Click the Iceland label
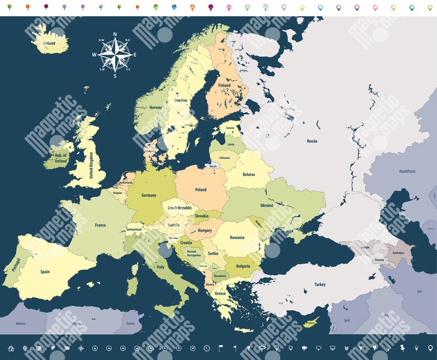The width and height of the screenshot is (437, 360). click(x=49, y=43)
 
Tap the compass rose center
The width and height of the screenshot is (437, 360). click(x=115, y=54)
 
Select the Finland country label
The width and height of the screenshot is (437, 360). click(x=224, y=85)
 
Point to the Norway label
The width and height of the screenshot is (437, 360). click(x=156, y=107)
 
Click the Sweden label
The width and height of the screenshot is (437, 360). click(x=180, y=100)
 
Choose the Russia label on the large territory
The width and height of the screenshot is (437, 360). click(x=312, y=141)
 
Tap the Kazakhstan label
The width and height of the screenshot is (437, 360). click(x=407, y=171)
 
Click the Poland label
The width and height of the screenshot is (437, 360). click(x=201, y=189)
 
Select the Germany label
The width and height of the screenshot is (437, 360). click(x=149, y=195)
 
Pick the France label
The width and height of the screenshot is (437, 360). click(x=100, y=225)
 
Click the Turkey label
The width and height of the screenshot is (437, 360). click(x=320, y=284)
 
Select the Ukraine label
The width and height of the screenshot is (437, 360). click(x=267, y=205)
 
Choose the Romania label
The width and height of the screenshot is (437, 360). click(x=237, y=237)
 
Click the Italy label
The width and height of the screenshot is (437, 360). click(x=161, y=267)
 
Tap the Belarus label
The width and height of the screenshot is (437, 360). click(x=249, y=174)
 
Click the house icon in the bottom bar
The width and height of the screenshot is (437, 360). click(x=11, y=348)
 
